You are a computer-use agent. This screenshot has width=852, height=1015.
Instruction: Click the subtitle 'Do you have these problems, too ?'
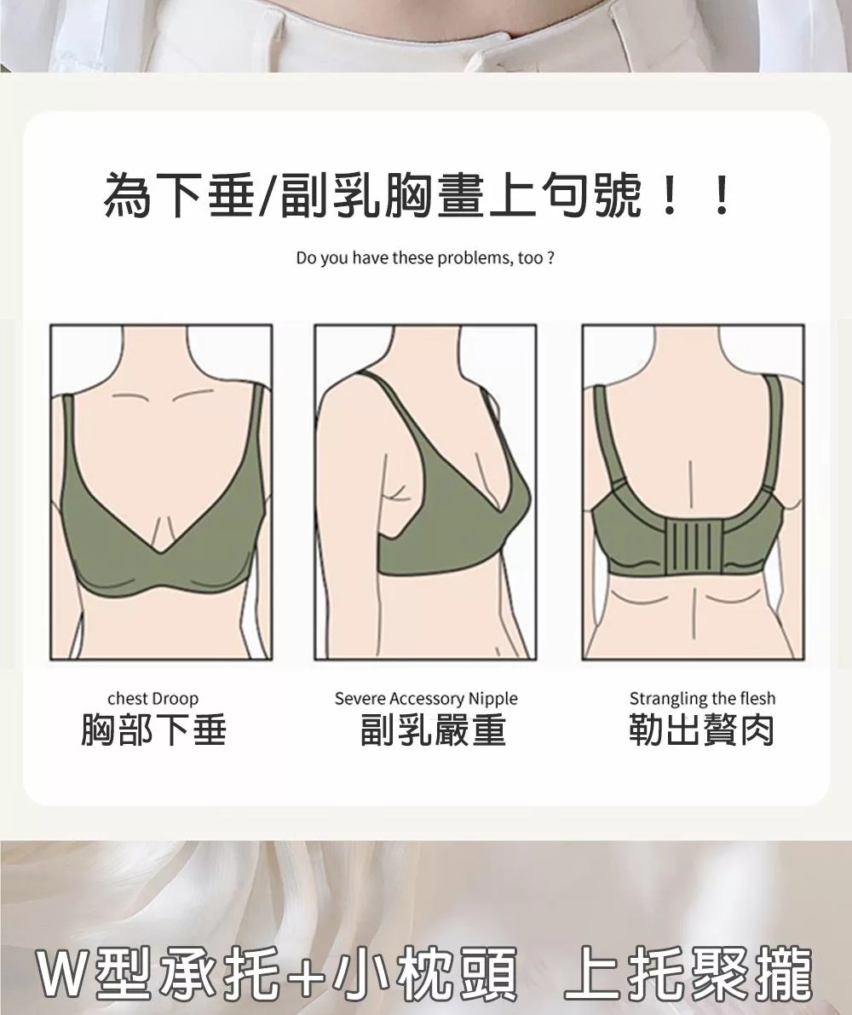425,258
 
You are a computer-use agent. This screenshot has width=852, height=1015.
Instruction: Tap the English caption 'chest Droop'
153,699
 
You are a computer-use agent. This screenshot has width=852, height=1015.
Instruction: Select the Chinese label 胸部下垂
153,730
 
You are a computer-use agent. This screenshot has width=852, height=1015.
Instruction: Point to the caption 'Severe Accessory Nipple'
426,699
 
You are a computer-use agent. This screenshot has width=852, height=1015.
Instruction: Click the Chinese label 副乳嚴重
433,730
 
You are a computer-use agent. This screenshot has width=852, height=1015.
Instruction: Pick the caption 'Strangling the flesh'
702,699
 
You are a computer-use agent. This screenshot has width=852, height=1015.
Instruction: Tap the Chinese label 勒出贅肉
702,730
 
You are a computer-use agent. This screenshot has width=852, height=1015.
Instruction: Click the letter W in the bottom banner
64,973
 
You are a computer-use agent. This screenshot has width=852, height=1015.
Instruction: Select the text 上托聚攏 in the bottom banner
687,973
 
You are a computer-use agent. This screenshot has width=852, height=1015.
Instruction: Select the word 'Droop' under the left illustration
176,699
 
